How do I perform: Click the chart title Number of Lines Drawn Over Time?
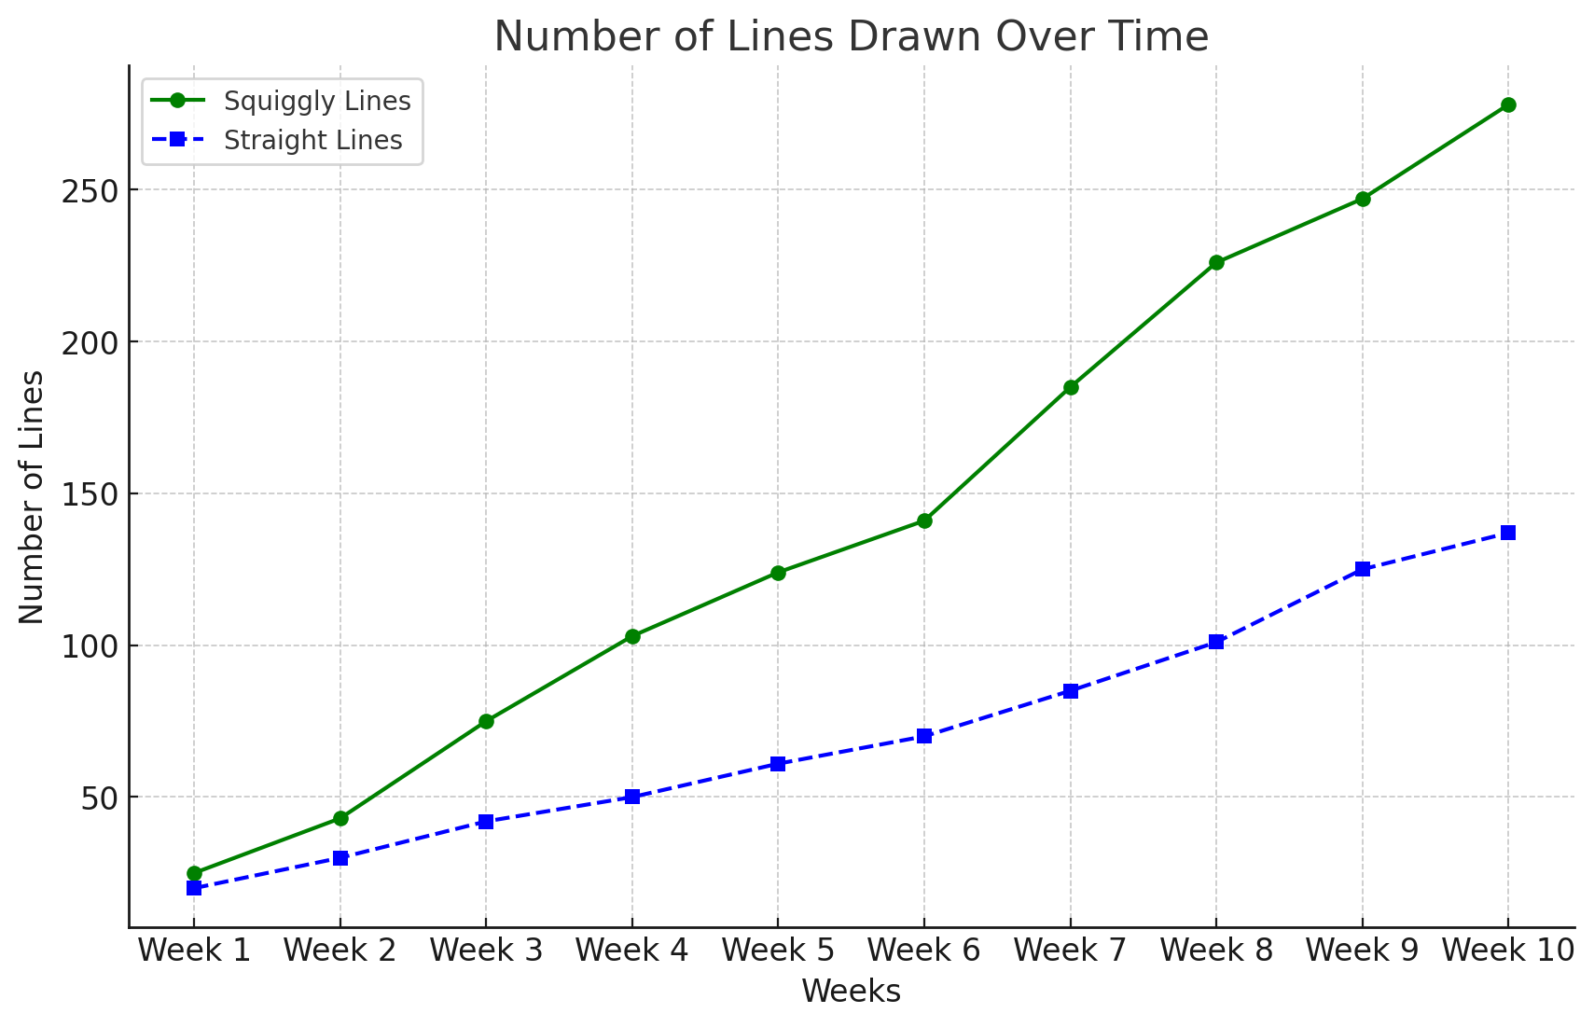[x=851, y=37]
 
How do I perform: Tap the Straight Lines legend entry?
[x=312, y=141]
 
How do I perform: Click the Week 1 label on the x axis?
[x=194, y=951]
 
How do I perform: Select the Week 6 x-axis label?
[x=924, y=951]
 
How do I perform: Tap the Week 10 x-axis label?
[x=1508, y=951]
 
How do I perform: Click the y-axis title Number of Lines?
[x=32, y=496]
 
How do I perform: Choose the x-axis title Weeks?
[x=851, y=992]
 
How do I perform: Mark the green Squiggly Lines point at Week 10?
[x=1508, y=104]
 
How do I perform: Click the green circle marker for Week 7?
[x=1071, y=387]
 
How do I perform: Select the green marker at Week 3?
[x=486, y=721]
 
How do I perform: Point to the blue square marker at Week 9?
[x=1363, y=569]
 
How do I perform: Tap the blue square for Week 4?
[x=632, y=797]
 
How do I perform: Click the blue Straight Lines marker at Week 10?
[x=1508, y=533]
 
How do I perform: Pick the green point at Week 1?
[x=194, y=873]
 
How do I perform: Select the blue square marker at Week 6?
[x=924, y=736]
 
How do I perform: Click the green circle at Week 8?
[x=1216, y=263]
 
